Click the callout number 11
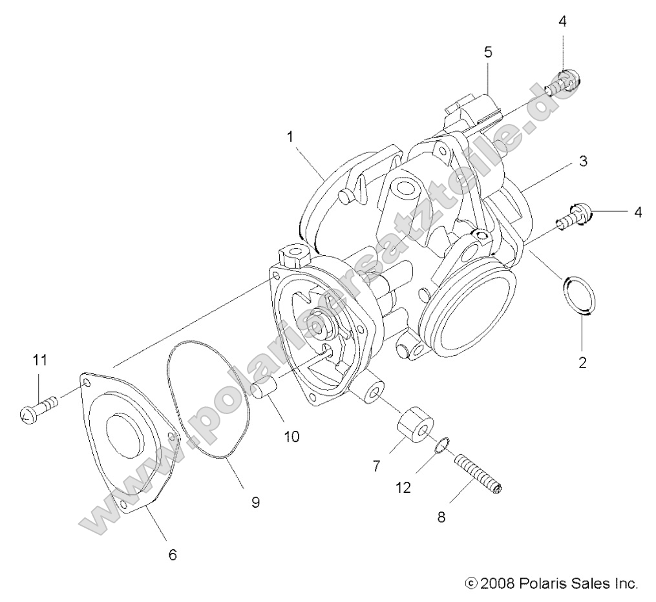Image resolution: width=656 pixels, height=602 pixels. pos(40,360)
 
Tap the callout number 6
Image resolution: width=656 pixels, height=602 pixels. pos(173,554)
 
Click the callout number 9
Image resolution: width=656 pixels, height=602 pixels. pos(255,502)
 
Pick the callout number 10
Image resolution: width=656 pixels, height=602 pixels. pos(291,436)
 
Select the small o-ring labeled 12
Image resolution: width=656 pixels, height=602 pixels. pos(443,446)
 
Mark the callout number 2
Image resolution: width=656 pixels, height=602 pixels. pos(582,362)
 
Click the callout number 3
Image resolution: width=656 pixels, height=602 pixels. pos(582,161)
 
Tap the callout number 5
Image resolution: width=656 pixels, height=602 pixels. pos(488,52)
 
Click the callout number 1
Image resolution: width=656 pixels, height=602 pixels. pos(290,136)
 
